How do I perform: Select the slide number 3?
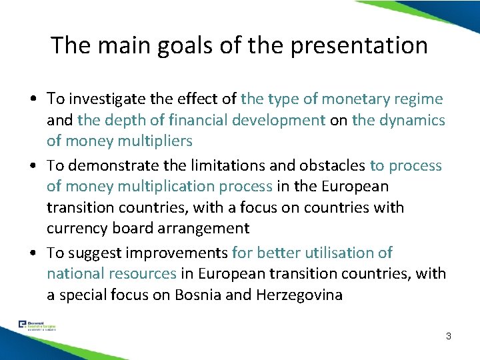(448, 336)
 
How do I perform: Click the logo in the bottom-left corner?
(37, 326)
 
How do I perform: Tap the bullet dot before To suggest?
(32, 253)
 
